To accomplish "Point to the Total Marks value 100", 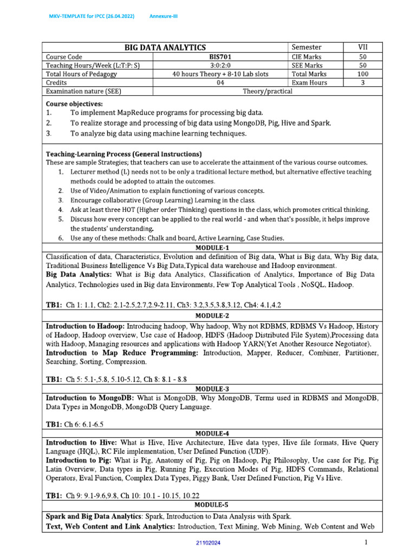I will (x=363, y=74).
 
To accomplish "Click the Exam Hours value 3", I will (x=363, y=82).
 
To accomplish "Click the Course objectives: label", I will (x=74, y=104).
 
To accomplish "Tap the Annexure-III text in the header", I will (x=164, y=16).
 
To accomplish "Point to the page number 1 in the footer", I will (x=366, y=542).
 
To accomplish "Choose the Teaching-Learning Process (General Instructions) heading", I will (x=124, y=154).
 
